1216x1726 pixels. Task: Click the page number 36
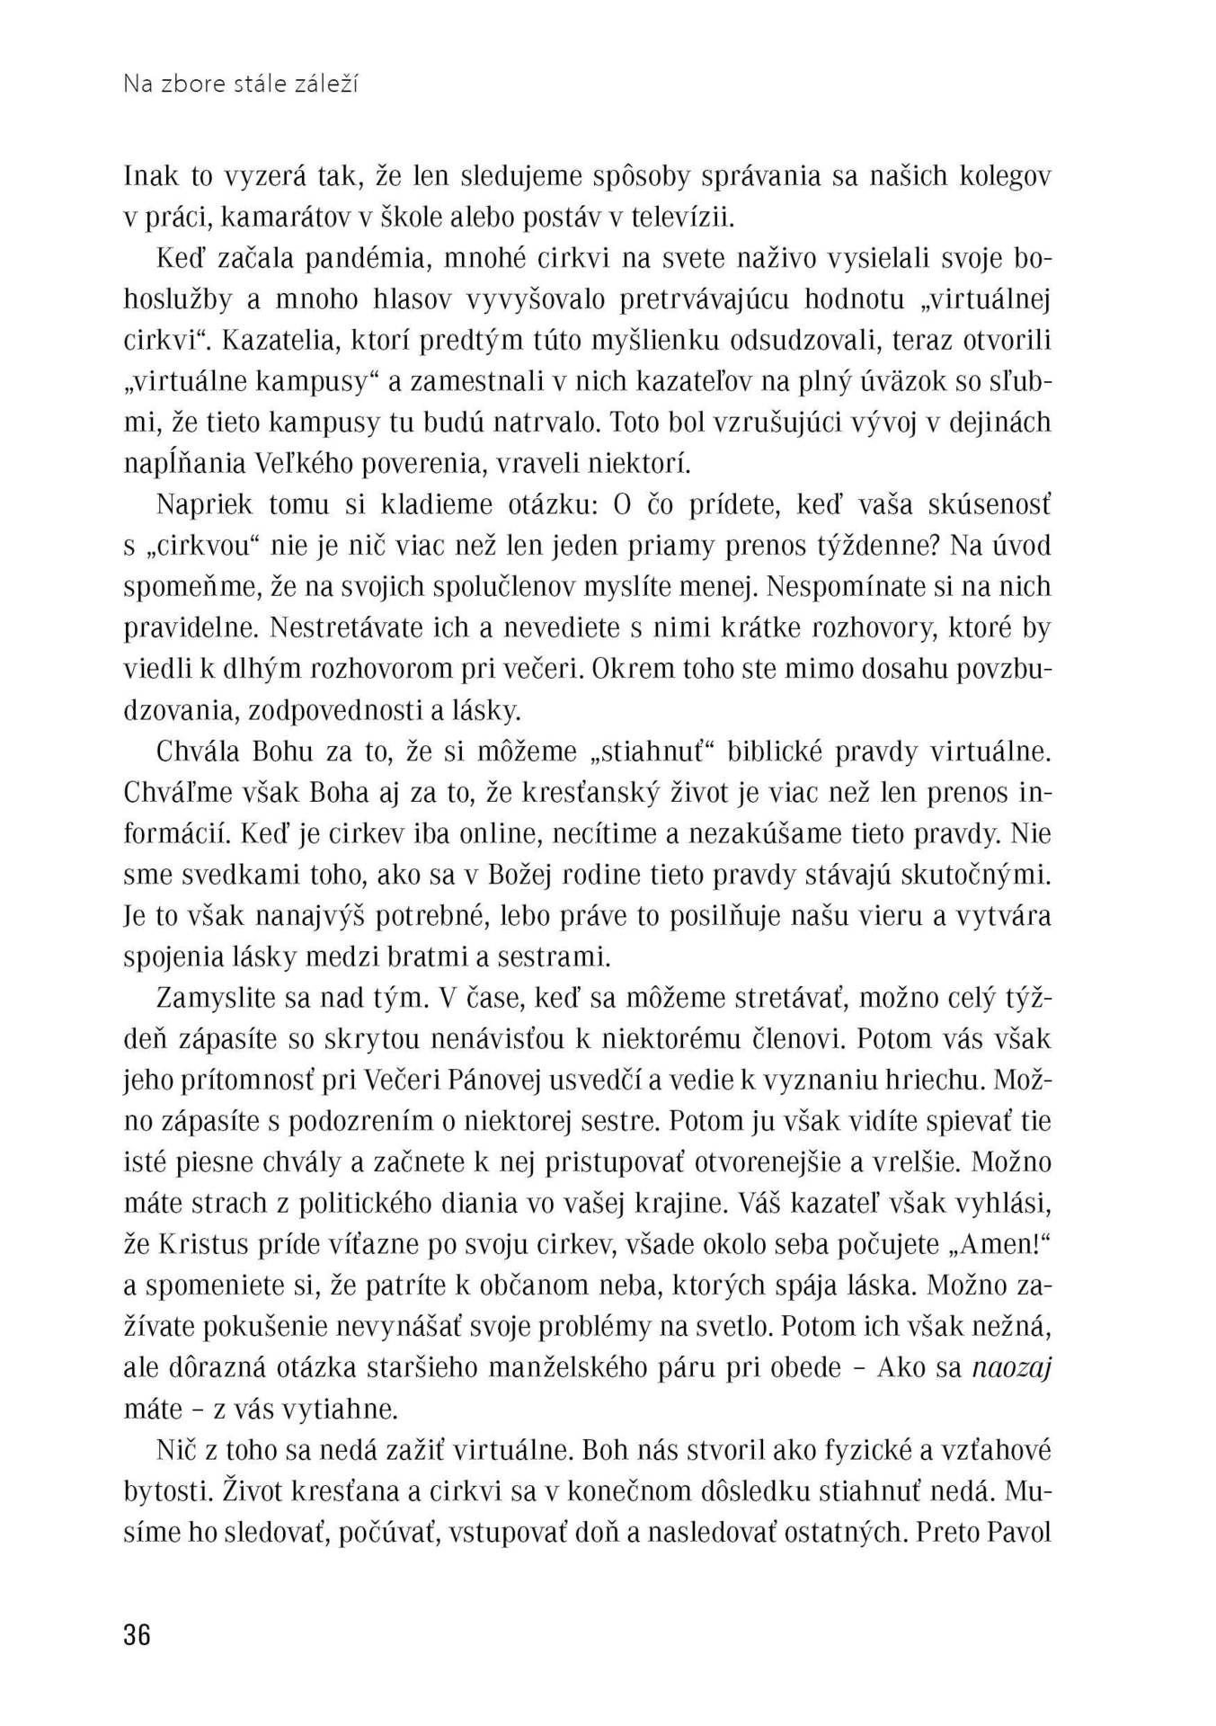click(x=138, y=1634)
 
